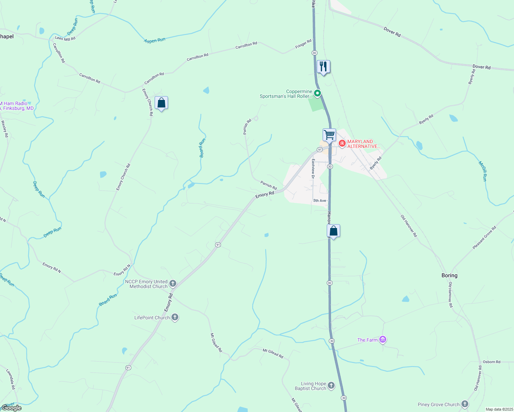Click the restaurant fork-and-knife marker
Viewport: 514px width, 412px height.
pyautogui.click(x=323, y=67)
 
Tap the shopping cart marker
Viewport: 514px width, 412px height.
pyautogui.click(x=329, y=135)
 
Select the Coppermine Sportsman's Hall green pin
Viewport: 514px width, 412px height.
pyautogui.click(x=318, y=93)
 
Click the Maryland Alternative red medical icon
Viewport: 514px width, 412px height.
pyautogui.click(x=342, y=143)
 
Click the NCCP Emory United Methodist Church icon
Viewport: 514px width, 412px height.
pyautogui.click(x=173, y=284)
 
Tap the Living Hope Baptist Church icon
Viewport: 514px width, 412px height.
pyautogui.click(x=331, y=386)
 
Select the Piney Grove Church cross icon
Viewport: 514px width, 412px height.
pyautogui.click(x=465, y=404)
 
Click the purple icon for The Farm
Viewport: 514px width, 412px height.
pyautogui.click(x=383, y=340)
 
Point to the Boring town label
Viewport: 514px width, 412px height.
pyautogui.click(x=449, y=275)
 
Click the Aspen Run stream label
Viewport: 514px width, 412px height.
pyautogui.click(x=155, y=41)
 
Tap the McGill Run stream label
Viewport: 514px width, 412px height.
pyautogui.click(x=483, y=171)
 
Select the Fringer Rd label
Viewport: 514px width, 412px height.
pyautogui.click(x=303, y=44)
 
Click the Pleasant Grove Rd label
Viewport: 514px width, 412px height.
pyautogui.click(x=484, y=238)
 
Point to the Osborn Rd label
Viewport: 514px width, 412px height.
pyautogui.click(x=491, y=362)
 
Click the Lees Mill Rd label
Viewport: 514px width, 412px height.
pyautogui.click(x=65, y=38)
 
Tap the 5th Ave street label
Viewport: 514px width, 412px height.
pyautogui.click(x=320, y=201)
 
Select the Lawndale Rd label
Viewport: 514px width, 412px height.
pyautogui.click(x=11, y=379)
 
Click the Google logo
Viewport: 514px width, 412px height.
pyautogui.click(x=11, y=408)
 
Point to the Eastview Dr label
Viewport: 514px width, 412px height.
pyautogui.click(x=313, y=169)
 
